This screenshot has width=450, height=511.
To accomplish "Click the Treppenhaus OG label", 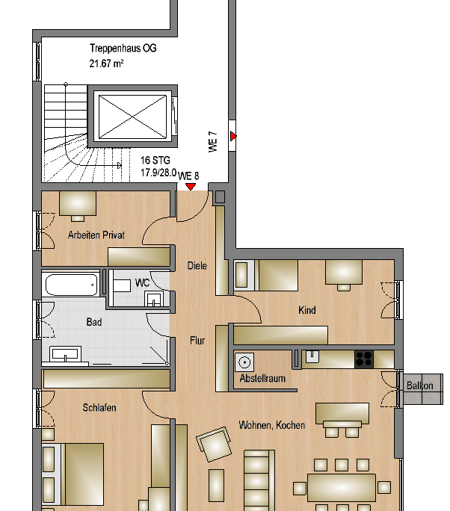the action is click(123, 49).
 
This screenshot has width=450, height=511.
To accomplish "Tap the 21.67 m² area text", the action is click(106, 63).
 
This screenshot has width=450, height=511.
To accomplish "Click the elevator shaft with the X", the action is click(132, 116).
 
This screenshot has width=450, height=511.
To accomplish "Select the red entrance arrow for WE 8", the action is click(191, 187).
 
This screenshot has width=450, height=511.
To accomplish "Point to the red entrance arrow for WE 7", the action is click(232, 136).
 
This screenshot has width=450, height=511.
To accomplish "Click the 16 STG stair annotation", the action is click(155, 161).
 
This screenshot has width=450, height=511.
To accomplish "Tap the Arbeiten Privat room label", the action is click(96, 235).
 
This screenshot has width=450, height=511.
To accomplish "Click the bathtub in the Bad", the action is click(72, 285).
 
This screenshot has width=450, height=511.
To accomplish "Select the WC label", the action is click(143, 282).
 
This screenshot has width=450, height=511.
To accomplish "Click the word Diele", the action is click(197, 266).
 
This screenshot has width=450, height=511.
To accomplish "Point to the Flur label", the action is click(197, 341).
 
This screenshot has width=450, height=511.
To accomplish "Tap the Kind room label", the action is click(306, 309).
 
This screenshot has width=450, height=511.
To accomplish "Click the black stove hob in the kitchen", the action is click(364, 359).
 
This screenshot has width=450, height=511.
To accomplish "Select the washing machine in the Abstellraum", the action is click(244, 362).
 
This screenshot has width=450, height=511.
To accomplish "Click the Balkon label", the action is click(419, 385).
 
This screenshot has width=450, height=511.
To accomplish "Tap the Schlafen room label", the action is click(99, 407).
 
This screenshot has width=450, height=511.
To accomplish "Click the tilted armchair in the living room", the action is click(214, 445).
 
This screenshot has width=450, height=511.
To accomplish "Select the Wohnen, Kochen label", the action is click(271, 425).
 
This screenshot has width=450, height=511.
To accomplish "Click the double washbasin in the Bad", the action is click(65, 354).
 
